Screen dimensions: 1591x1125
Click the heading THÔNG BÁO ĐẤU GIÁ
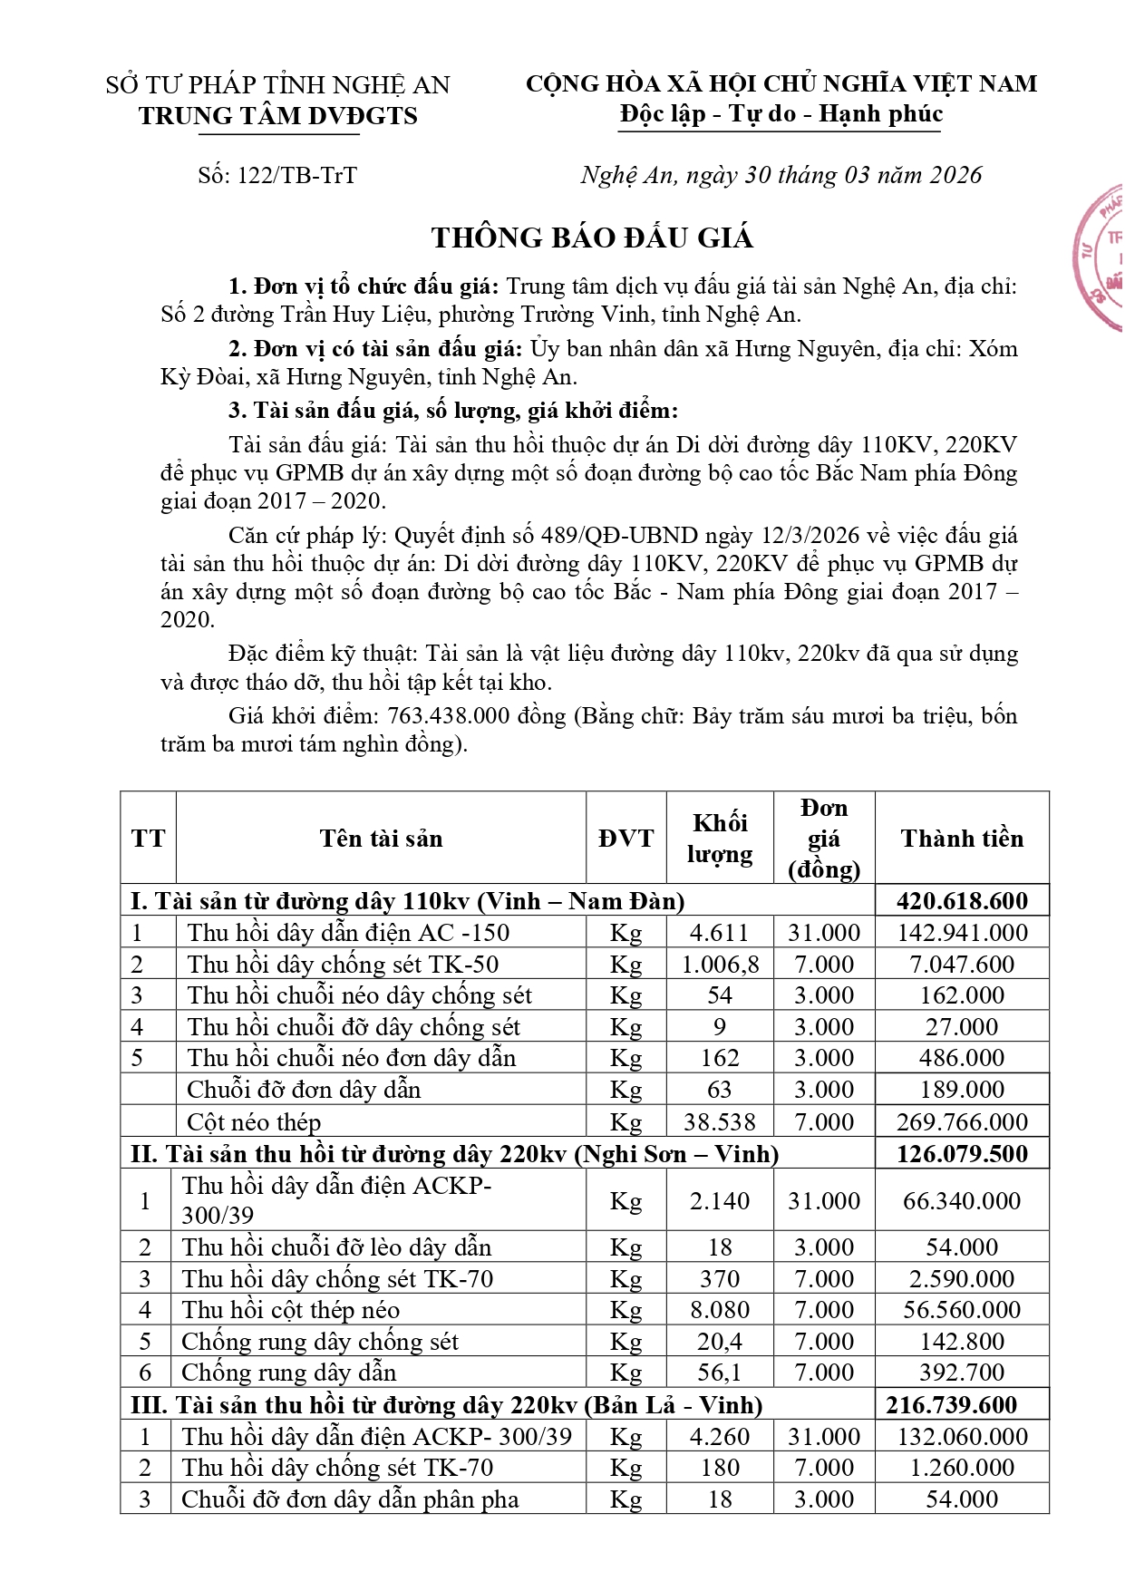click(x=592, y=238)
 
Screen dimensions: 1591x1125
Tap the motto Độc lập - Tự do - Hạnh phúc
click(x=781, y=114)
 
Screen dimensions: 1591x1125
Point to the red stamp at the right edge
click(x=1102, y=259)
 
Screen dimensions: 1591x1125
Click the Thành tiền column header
click(x=962, y=839)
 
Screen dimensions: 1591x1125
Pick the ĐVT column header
click(x=626, y=839)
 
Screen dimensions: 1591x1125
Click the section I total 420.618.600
click(x=962, y=901)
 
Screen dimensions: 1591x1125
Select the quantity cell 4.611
click(x=719, y=933)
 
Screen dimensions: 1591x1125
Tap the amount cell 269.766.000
click(x=962, y=1122)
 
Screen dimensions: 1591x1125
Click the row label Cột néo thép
click(x=254, y=1122)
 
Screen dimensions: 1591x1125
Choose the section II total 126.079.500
click(x=962, y=1154)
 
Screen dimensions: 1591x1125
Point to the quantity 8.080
click(x=719, y=1310)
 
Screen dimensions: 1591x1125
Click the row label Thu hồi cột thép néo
click(x=290, y=1310)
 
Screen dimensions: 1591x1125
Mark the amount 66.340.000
click(x=962, y=1201)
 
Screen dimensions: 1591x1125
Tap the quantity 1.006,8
click(x=720, y=965)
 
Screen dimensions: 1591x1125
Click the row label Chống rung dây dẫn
click(x=288, y=1373)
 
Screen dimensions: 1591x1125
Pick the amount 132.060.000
click(x=962, y=1437)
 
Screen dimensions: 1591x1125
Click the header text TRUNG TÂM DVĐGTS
click(x=278, y=116)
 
